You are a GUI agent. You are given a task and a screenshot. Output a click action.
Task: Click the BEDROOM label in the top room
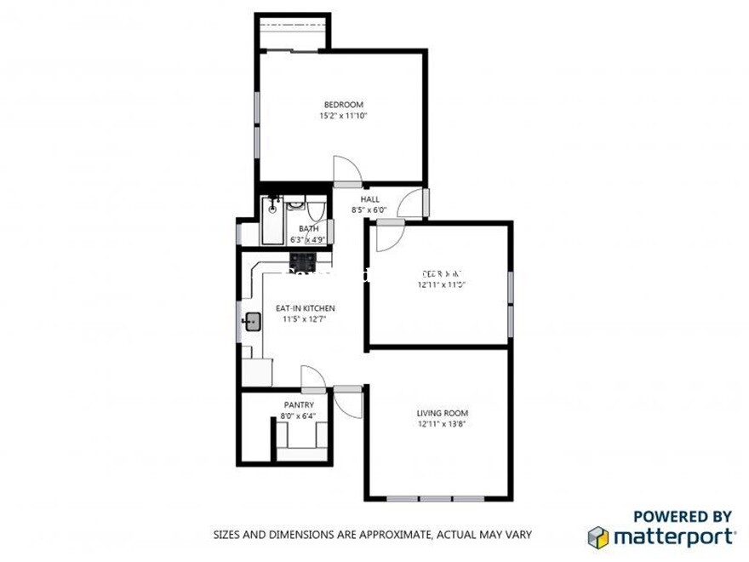coord(343,105)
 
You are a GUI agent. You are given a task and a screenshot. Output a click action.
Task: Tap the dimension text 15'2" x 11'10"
coord(343,116)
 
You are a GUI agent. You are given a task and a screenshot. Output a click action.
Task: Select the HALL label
coord(369,199)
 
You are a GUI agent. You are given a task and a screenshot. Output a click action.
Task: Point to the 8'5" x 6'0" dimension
coord(369,210)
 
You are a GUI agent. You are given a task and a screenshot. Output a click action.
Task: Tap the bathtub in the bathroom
coord(272,221)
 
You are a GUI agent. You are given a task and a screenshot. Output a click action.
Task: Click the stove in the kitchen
coord(304,259)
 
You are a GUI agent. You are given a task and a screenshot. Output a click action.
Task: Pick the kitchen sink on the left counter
coord(252,322)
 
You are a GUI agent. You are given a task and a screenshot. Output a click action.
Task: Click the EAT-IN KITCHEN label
coord(305,308)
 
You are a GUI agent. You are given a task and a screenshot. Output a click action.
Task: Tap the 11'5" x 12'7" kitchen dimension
coord(305,319)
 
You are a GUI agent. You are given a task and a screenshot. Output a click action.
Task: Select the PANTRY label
coord(298,405)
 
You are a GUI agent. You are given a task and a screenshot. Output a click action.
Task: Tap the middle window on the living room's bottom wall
coord(437,498)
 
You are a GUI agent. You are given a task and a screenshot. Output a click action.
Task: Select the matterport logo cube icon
coord(598,537)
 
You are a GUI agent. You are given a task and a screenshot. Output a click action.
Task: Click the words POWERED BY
coord(683,517)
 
